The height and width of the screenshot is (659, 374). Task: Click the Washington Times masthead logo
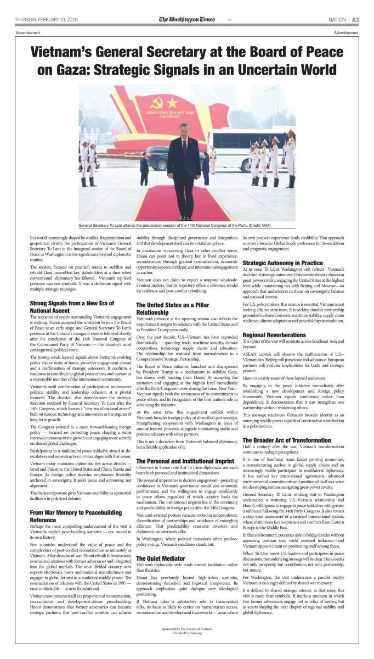pos(187,19)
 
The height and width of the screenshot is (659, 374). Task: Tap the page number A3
pos(355,20)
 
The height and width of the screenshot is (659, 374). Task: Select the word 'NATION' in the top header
pos(337,20)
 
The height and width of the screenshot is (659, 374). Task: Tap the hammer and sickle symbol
pos(157,103)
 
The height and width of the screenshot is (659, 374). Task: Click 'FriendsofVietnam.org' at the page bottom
pos(187,633)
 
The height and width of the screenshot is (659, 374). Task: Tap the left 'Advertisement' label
pos(27,33)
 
